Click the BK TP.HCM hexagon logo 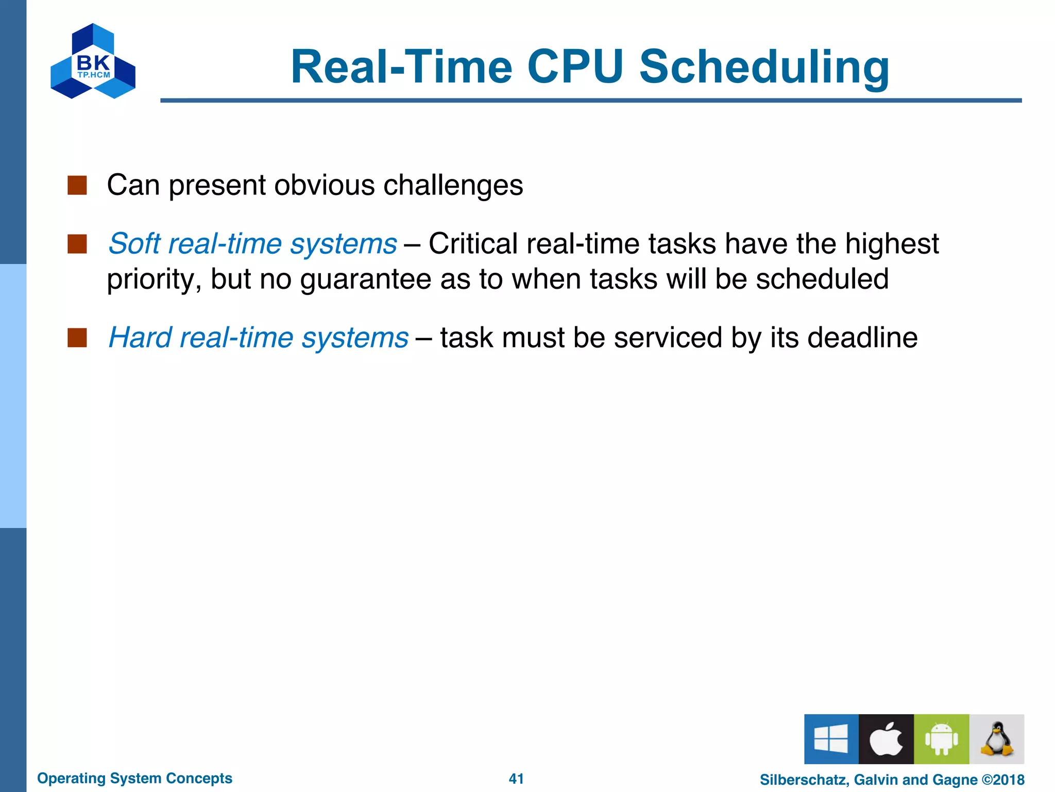(93, 62)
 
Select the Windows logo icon (831, 739)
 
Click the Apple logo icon (886, 739)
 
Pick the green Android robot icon (941, 739)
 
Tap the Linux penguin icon (996, 739)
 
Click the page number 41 (516, 779)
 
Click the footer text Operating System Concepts (135, 778)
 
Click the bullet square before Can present (77, 185)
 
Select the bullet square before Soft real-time (77, 244)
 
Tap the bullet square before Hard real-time (77, 338)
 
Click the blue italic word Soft (134, 243)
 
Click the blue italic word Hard (140, 338)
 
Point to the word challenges (453, 185)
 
